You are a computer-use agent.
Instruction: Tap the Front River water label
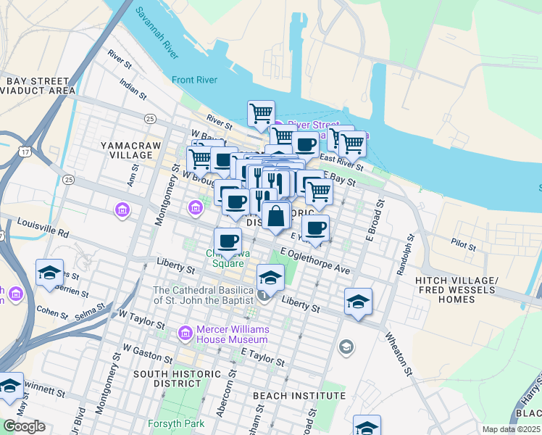click(x=195, y=80)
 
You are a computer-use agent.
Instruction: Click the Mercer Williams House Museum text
click(x=233, y=334)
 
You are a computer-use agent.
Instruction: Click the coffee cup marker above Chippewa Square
click(x=228, y=241)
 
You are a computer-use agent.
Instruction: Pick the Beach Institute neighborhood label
click(x=299, y=396)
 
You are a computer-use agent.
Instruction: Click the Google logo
click(x=24, y=426)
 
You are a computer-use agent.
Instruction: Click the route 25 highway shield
click(x=150, y=118)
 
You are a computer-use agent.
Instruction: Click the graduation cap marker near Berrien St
click(x=49, y=273)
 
